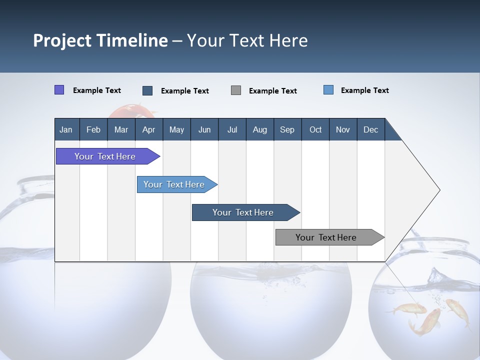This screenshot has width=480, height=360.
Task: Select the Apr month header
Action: (x=149, y=129)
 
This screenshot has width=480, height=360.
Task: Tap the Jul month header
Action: (x=232, y=129)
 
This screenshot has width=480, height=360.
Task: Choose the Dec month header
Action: (x=371, y=129)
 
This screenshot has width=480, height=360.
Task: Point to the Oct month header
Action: (x=315, y=129)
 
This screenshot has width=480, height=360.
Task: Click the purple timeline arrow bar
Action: (x=108, y=156)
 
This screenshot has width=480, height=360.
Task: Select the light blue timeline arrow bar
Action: (x=177, y=184)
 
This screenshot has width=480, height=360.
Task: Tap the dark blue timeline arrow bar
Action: (x=246, y=212)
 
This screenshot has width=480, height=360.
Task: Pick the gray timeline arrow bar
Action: (x=330, y=237)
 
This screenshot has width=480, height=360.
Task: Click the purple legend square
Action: (x=59, y=89)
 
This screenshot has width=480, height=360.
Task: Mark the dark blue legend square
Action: (x=147, y=90)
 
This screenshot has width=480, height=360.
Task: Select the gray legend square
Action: (x=235, y=90)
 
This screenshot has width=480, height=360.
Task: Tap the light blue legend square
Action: (x=328, y=89)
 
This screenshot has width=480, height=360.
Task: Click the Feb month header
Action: (x=93, y=129)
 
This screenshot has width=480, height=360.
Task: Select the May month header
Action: (x=177, y=129)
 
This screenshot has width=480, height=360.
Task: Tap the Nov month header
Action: (x=343, y=129)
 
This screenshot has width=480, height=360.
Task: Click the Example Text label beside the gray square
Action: (x=273, y=91)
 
